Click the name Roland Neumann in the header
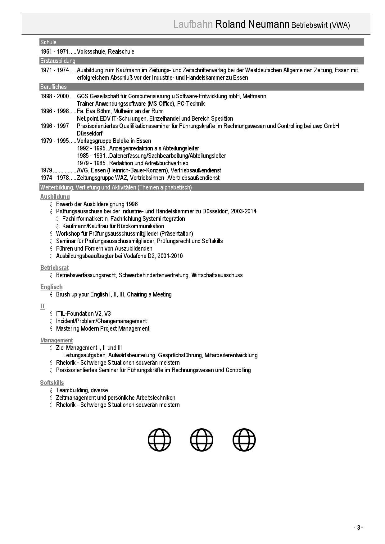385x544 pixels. click(252, 24)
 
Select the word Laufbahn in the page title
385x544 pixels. click(193, 24)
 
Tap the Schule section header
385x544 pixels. click(48, 42)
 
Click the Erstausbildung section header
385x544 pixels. click(58, 61)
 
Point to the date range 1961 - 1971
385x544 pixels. click(55, 51)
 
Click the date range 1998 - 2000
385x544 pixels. click(55, 96)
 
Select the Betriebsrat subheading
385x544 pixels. click(54, 268)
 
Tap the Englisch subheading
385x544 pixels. click(51, 287)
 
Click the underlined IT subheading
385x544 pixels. click(43, 306)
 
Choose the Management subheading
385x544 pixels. click(57, 340)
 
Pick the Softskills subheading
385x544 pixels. click(52, 383)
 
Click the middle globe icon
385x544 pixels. click(202, 440)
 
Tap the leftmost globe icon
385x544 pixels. click(159, 440)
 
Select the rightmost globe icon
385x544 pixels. click(244, 440)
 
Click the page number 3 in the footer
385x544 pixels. click(358, 528)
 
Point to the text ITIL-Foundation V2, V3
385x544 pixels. click(83, 314)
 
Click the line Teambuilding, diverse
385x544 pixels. click(82, 390)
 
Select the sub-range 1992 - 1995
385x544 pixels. click(91, 148)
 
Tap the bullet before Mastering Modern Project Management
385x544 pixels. click(51, 328)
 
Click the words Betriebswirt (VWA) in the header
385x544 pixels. click(320, 25)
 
